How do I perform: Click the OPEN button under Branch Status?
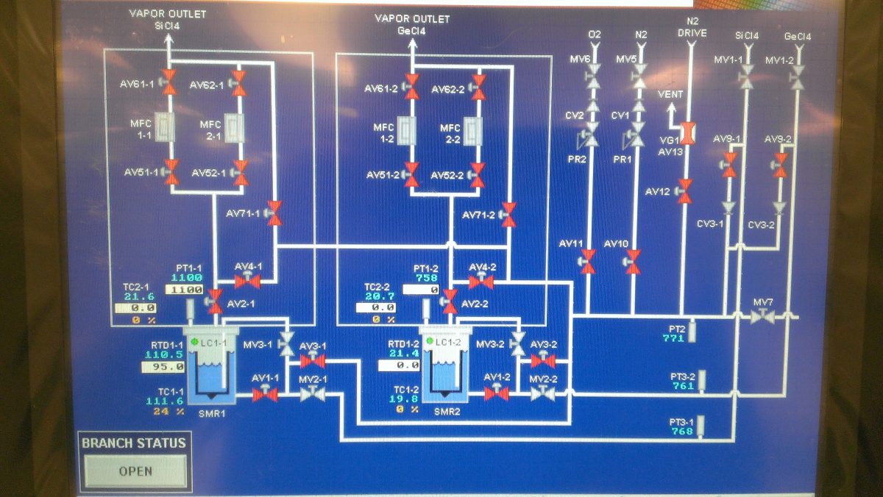coord(135,471)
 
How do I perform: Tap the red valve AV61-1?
coord(169,82)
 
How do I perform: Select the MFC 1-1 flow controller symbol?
coord(166,127)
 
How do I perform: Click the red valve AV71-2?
coord(508,214)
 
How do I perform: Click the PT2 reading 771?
coord(673,338)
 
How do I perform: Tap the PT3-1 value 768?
coord(682,432)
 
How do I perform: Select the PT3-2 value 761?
coord(683,385)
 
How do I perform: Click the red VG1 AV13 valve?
coord(687,132)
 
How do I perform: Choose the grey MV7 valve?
coord(763,317)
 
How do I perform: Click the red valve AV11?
coord(588,260)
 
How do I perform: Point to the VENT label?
coord(670,95)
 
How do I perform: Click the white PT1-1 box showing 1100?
coord(184,290)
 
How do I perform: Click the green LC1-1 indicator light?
coord(194,343)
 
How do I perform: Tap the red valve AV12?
coord(685,190)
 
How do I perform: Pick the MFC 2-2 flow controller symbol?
coord(475,129)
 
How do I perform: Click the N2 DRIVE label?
coord(691,27)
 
